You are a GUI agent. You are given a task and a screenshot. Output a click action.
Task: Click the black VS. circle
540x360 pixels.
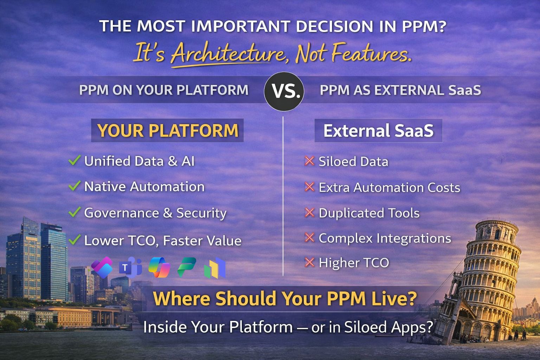point(284,91)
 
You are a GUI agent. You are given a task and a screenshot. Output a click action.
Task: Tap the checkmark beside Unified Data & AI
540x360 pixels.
point(75,161)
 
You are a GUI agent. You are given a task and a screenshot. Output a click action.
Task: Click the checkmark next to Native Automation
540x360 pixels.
point(75,186)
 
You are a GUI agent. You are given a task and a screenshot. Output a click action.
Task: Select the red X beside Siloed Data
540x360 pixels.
point(309,161)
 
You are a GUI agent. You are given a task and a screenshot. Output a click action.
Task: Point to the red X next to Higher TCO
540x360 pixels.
point(309,262)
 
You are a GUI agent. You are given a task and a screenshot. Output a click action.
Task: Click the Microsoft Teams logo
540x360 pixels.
point(130,268)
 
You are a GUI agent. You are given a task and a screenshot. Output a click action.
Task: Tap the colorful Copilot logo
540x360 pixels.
point(159,268)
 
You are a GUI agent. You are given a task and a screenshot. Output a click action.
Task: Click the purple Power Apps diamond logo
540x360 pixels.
point(102,268)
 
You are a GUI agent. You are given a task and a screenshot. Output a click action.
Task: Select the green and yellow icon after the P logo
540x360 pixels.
point(215,269)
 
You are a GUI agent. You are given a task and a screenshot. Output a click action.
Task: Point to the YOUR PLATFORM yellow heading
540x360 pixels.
point(168,130)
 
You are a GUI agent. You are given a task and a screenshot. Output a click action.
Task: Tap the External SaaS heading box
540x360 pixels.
point(378,130)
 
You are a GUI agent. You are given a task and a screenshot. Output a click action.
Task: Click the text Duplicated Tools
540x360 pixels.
point(369,213)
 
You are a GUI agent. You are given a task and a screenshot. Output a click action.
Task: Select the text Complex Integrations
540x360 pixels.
point(385,238)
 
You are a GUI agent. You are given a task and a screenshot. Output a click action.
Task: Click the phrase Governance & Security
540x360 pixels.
point(155,213)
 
